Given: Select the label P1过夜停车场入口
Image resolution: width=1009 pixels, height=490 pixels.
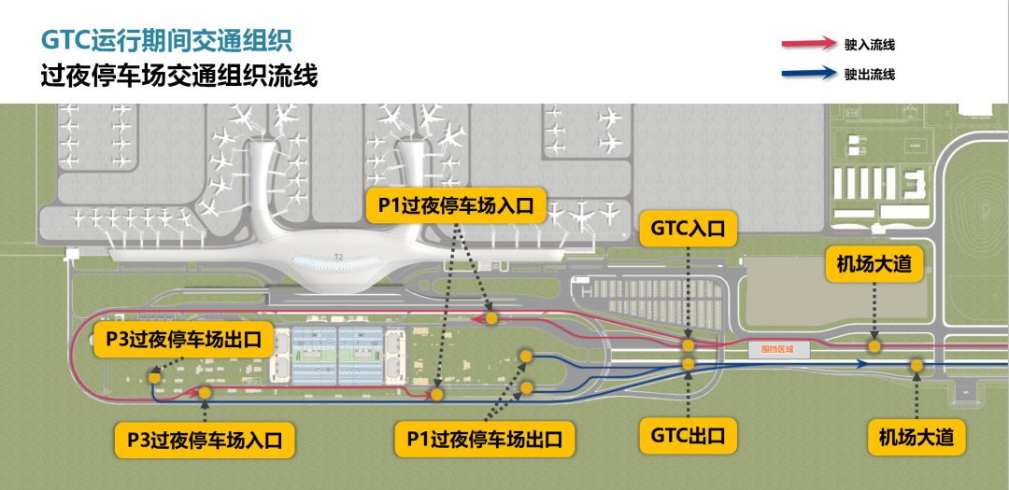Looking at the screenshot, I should click(456, 206).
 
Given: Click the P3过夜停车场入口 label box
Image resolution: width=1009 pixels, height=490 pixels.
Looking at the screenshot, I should click(204, 439).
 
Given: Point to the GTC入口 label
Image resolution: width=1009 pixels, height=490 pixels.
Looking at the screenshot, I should click(688, 228).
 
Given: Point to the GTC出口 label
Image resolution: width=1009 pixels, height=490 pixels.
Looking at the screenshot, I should click(688, 435).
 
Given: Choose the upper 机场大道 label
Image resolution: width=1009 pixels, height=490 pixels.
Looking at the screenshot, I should click(874, 265).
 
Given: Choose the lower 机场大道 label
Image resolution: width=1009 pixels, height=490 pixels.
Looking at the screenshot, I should click(916, 435).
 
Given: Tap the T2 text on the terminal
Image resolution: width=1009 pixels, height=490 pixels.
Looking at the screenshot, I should click(339, 258).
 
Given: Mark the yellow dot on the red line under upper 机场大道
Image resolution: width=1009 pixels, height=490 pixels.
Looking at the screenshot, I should click(874, 346).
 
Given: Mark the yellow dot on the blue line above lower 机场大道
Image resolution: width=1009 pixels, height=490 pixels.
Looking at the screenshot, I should click(917, 366).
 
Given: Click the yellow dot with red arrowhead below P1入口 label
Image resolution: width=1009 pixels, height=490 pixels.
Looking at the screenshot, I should click(490, 317).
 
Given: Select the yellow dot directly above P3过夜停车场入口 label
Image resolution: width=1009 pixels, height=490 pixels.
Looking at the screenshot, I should click(206, 394).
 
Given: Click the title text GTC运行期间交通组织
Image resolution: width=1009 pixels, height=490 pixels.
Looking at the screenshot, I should click(166, 40).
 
